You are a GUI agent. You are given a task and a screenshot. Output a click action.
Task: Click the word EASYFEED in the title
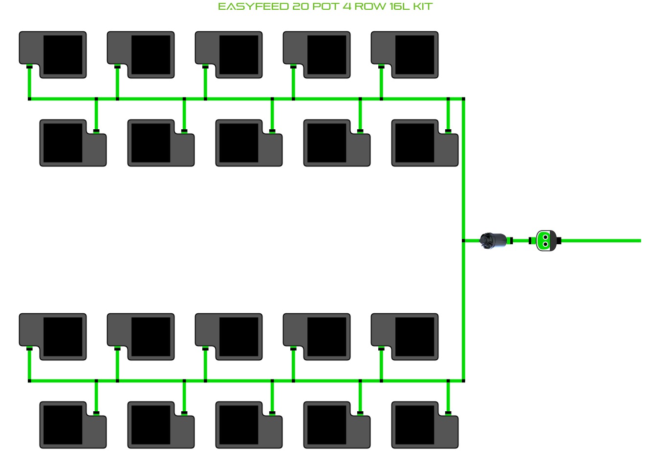pos(253,7)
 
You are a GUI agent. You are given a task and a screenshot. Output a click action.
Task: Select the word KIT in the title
pos(423,7)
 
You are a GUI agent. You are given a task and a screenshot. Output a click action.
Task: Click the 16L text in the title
pos(400,7)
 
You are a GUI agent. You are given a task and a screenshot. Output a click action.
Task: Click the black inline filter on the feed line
pos(493,241)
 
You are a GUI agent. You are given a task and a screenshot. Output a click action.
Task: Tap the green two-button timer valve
pos(546,241)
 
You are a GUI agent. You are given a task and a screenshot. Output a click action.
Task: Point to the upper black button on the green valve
pos(545,237)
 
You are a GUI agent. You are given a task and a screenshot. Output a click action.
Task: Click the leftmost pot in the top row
pos(53,55)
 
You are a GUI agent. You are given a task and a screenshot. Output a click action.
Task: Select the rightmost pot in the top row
pos(405,55)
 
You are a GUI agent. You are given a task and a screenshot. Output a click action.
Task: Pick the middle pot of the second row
pos(249,143)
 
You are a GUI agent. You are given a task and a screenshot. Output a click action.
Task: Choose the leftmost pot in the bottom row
pos(73,425)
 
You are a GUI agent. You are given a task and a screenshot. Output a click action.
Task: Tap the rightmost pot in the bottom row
pos(425,425)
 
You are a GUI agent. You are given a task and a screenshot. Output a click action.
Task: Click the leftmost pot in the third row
pos(53,337)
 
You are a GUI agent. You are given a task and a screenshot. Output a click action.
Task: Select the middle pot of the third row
pos(229,337)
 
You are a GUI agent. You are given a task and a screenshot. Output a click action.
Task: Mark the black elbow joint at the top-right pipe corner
pos(463,99)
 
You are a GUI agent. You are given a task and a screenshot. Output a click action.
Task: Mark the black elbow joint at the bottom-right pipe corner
pos(463,381)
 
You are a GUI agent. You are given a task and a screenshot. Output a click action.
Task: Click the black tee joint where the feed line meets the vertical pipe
pos(463,241)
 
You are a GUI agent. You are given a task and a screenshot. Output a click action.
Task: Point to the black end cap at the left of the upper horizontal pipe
pos(29,99)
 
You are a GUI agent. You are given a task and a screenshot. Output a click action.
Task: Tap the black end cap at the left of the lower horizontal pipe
pos(29,381)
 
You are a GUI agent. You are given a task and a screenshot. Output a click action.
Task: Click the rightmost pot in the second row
pos(425,143)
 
